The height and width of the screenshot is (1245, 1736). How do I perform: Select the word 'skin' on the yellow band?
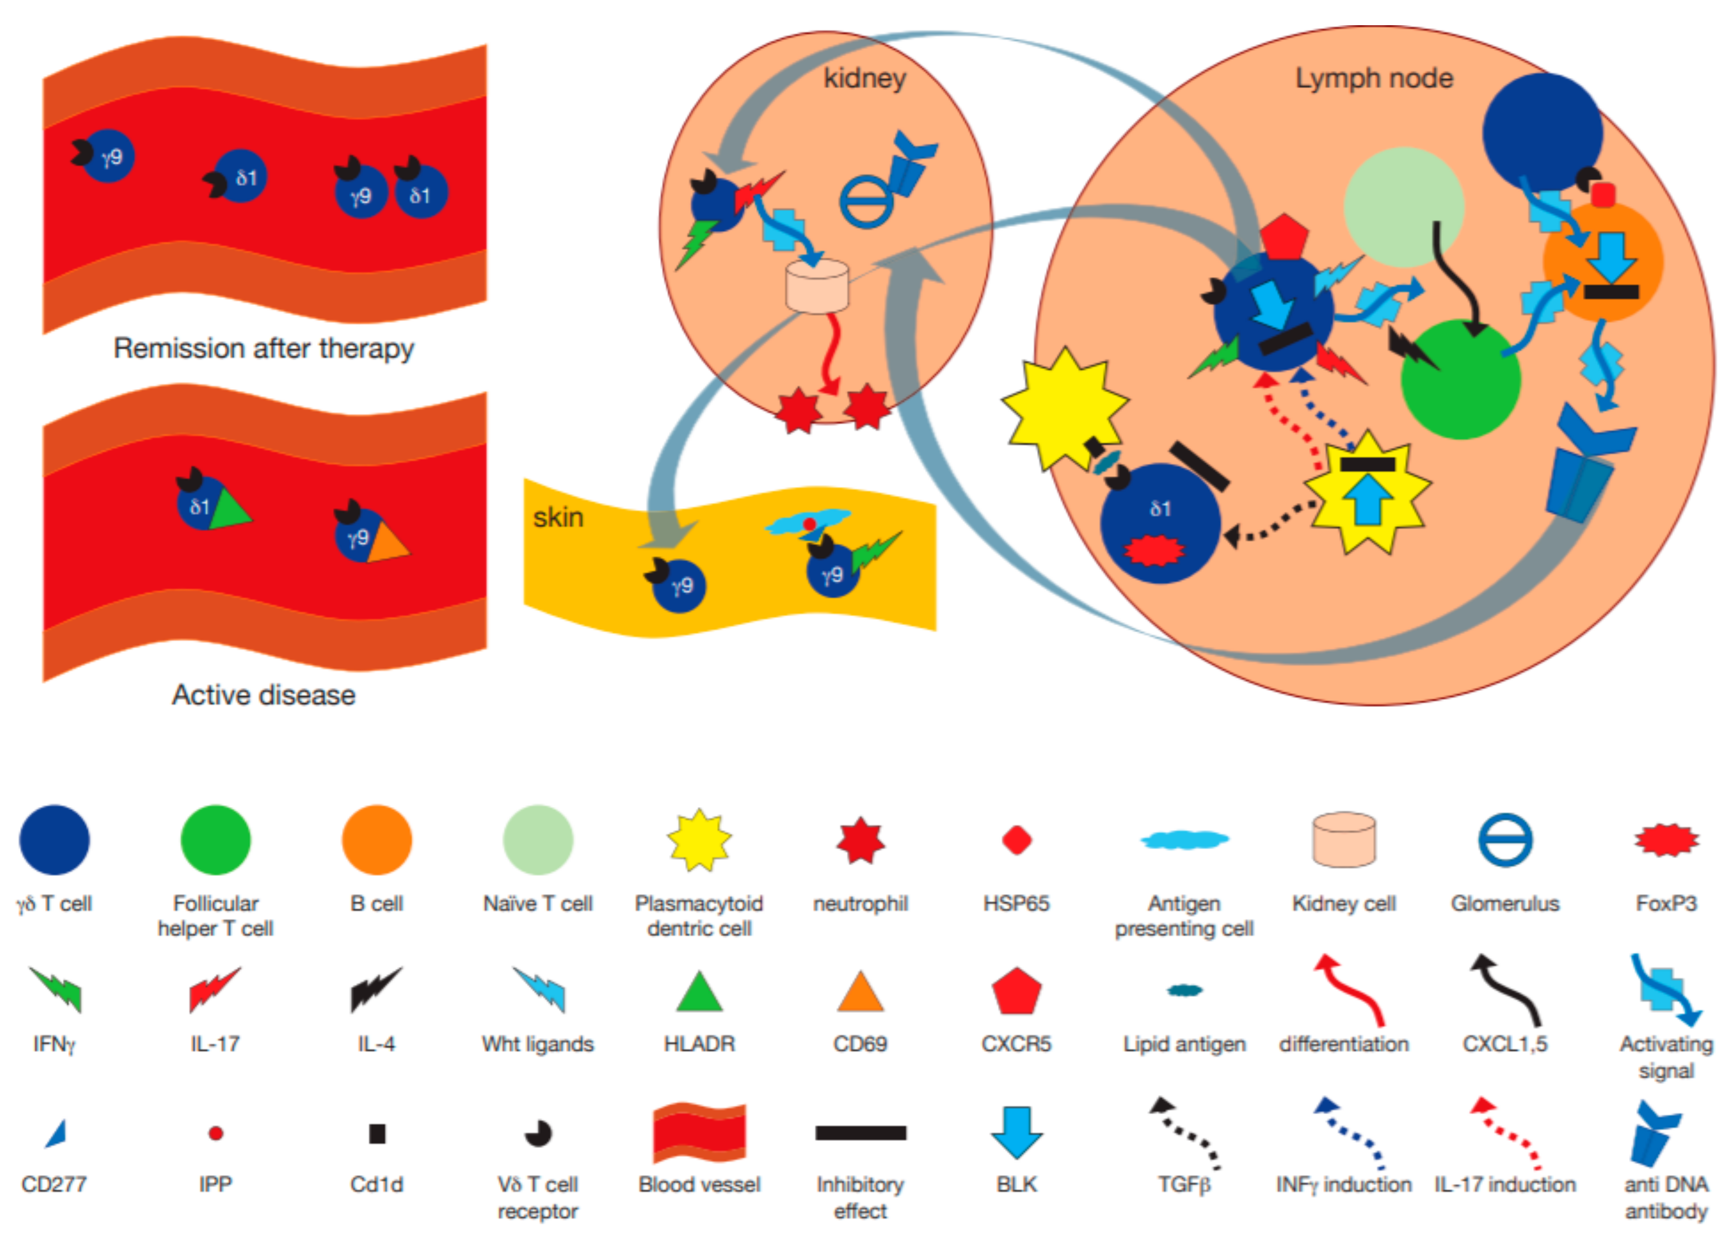pyautogui.click(x=558, y=517)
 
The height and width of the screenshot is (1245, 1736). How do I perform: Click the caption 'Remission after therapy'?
pyautogui.click(x=263, y=348)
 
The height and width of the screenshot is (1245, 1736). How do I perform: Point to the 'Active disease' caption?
pyautogui.click(x=263, y=695)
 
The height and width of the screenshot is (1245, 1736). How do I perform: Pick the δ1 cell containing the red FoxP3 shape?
pyautogui.click(x=1160, y=524)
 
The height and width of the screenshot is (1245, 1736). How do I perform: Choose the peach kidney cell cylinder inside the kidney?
pyautogui.click(x=817, y=286)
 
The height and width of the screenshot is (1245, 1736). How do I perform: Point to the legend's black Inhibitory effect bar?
pyautogui.click(x=860, y=1133)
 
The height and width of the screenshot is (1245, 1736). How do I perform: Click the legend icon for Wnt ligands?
pyautogui.click(x=539, y=989)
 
